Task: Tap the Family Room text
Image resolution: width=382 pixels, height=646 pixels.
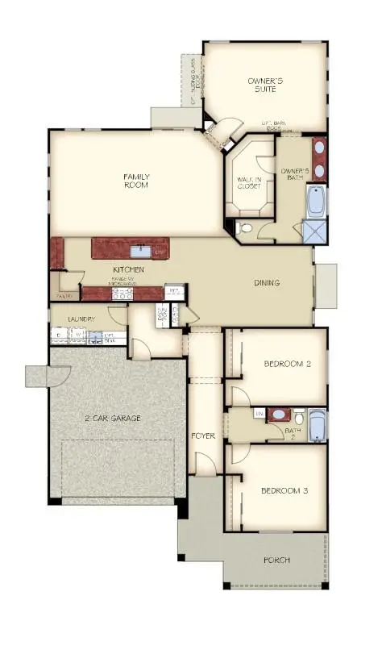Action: [136, 181]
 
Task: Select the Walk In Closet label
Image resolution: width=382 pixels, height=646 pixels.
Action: [248, 183]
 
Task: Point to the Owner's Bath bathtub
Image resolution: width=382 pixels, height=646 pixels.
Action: [317, 201]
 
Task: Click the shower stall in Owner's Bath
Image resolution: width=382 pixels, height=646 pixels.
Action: [315, 232]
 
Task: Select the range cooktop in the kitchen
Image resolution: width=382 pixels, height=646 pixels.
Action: [121, 295]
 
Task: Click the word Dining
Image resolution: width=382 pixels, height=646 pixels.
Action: [266, 283]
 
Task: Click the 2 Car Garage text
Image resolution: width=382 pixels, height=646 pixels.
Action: [113, 418]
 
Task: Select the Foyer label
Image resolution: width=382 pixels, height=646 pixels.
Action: [203, 436]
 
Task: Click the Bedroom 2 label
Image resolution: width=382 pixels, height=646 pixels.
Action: [287, 364]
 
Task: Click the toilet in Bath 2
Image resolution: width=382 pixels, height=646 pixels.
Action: [299, 417]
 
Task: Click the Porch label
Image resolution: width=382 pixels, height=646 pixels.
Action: [276, 560]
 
